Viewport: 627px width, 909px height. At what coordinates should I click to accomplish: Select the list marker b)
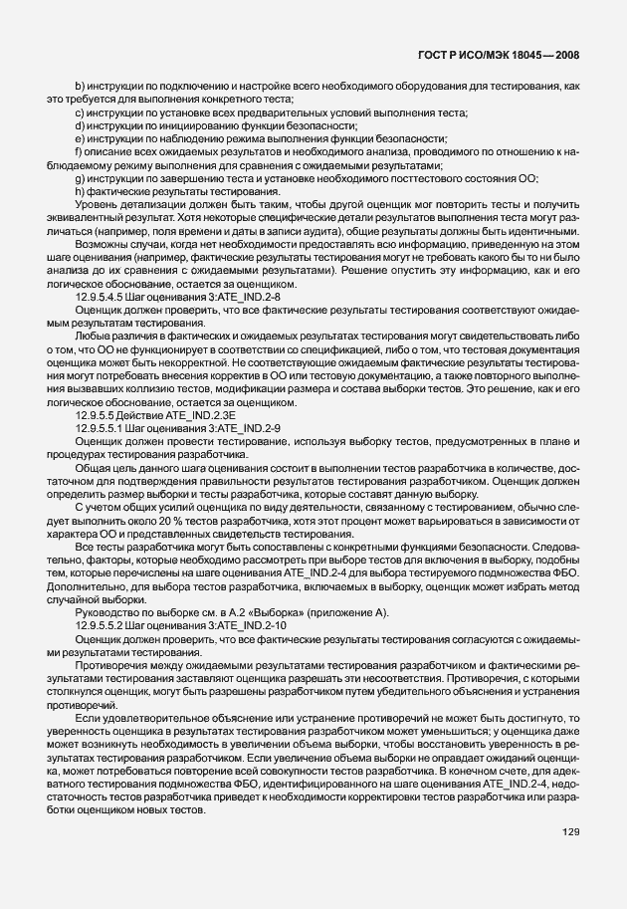[80, 88]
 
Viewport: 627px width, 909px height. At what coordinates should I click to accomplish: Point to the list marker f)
[79, 152]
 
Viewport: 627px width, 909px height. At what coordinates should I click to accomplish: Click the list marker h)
[80, 190]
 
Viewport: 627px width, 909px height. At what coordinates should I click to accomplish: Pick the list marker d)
[80, 126]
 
